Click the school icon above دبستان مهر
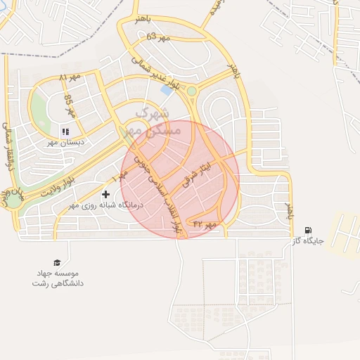pos(65,131)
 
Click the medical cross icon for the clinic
pos(105,194)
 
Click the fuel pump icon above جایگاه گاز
pos(308,231)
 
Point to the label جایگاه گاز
pos(309,241)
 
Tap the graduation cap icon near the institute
pos(57,262)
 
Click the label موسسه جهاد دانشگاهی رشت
pos(57,278)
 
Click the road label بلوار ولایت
pos(56,186)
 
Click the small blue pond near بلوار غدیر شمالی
pos(167,89)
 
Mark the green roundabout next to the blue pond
pos(191,91)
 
